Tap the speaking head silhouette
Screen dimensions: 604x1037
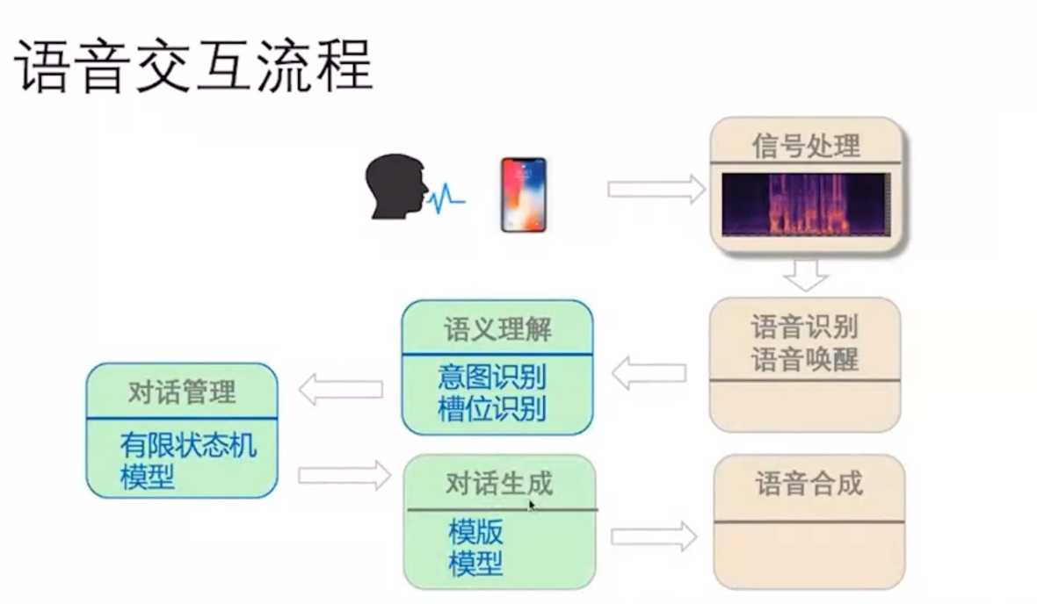pyautogui.click(x=395, y=187)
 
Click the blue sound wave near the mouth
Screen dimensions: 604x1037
pyautogui.click(x=448, y=199)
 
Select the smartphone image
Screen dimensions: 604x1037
pyautogui.click(x=523, y=194)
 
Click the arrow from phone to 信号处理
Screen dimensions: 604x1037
pyautogui.click(x=656, y=188)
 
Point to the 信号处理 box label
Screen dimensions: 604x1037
pyautogui.click(x=805, y=144)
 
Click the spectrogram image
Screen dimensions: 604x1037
pyautogui.click(x=805, y=204)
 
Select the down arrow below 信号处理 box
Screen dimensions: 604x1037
pyautogui.click(x=805, y=274)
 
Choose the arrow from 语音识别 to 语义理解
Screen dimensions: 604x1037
pyautogui.click(x=649, y=372)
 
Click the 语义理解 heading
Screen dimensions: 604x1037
pyautogui.click(x=497, y=330)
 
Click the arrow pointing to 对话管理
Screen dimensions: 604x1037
pyautogui.click(x=341, y=389)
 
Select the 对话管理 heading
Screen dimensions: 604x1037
pyautogui.click(x=182, y=392)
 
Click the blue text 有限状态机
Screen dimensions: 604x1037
pyautogui.click(x=188, y=446)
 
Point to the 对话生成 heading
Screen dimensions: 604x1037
pyautogui.click(x=499, y=484)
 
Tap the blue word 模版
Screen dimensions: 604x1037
pyautogui.click(x=475, y=532)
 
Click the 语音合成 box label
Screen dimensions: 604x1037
pyautogui.click(x=809, y=484)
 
